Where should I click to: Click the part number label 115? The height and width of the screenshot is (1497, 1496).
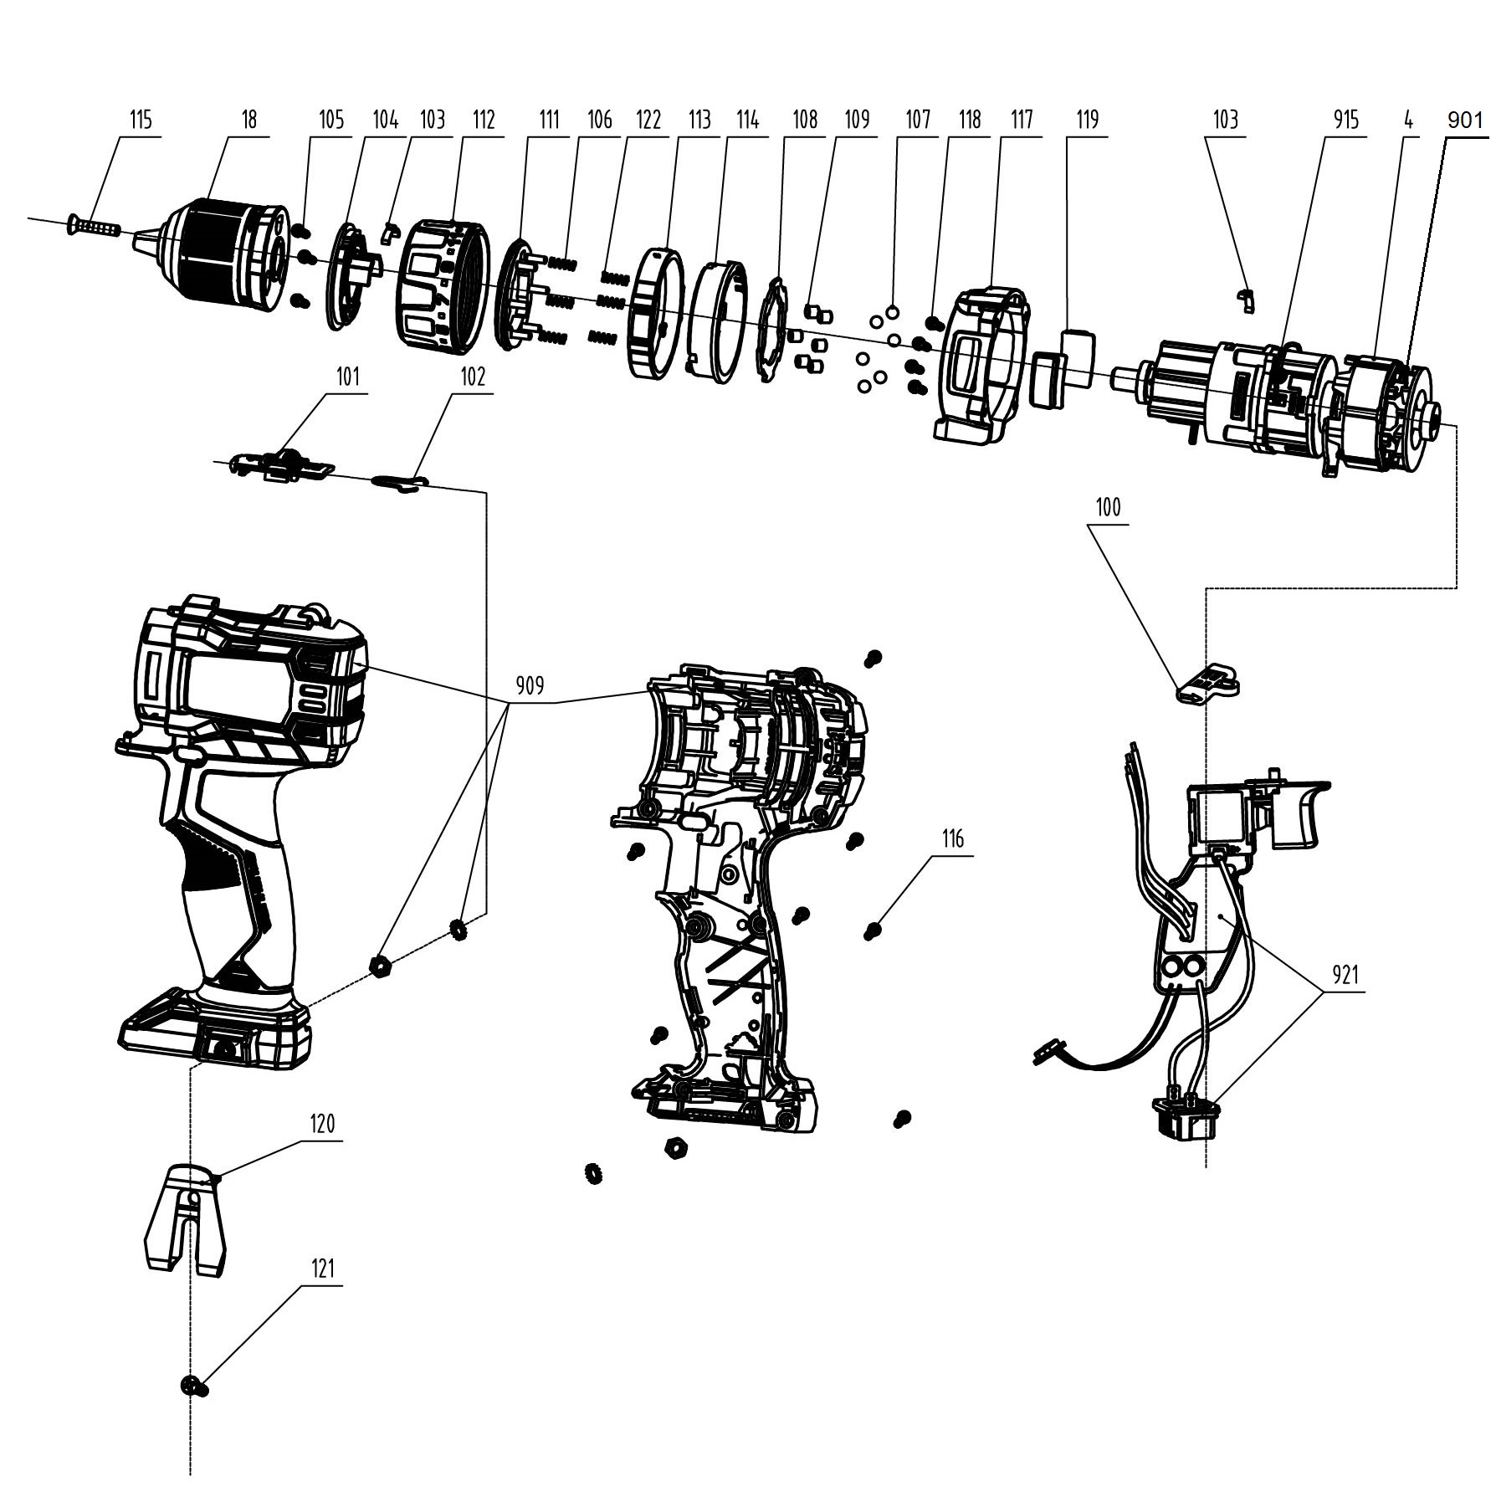point(141,120)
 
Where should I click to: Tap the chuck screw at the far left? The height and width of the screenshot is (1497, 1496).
point(94,226)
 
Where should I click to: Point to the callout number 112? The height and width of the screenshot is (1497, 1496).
point(484,120)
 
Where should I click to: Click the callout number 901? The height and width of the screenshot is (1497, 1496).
point(1464,120)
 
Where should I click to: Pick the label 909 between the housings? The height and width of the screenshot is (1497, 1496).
point(529,686)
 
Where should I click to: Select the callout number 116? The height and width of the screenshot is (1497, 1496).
point(953,838)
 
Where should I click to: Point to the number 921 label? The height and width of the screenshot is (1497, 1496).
point(1345,975)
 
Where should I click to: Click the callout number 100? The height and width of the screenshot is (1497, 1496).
point(1108,507)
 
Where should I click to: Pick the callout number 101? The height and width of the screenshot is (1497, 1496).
point(348,376)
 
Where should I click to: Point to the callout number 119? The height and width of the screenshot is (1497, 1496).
point(1087,120)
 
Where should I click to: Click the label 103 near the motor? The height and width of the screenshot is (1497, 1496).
point(1225,120)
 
